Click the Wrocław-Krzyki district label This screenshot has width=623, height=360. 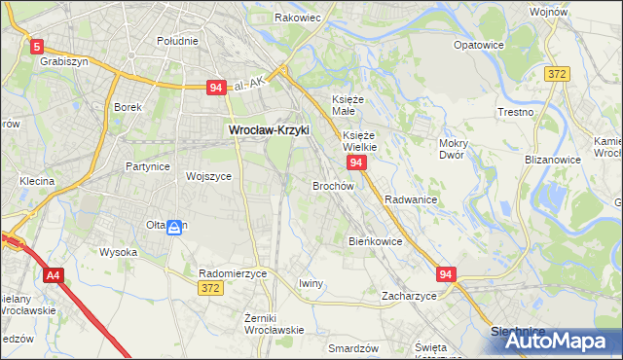tap(268, 127)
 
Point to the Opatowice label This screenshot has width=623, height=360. tap(479, 45)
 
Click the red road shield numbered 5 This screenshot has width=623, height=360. tap(37, 46)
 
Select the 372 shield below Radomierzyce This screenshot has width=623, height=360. tap(209, 288)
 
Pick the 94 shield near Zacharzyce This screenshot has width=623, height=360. tap(446, 275)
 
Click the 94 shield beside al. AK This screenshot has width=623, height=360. tap(217, 89)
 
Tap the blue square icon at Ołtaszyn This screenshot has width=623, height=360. tap(173, 228)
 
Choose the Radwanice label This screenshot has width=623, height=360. tap(410, 198)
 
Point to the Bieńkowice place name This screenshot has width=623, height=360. tap(375, 241)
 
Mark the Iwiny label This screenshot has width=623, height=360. tap(311, 283)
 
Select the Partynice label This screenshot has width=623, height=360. tap(148, 166)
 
